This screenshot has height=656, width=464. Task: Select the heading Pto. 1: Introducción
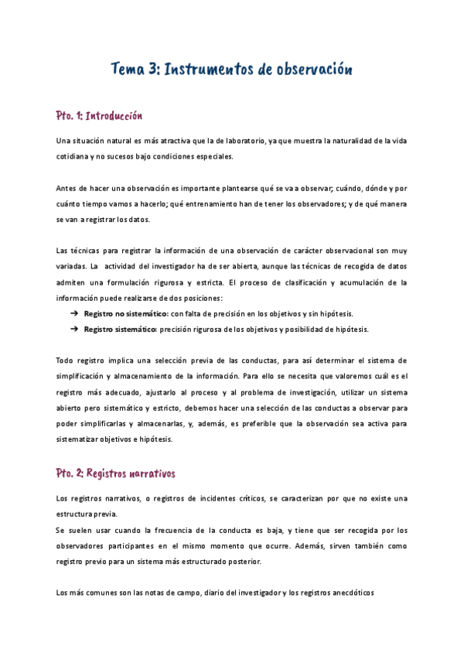coord(100,116)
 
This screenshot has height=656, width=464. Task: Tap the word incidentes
coord(209,499)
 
